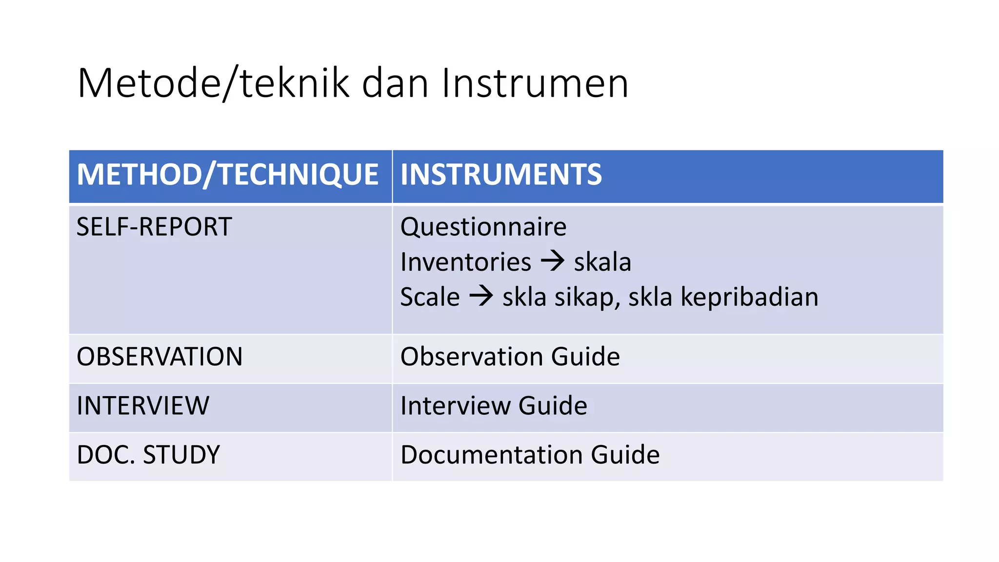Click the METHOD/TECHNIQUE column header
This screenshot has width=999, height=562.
[x=227, y=175]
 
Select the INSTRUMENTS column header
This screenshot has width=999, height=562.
[x=501, y=175]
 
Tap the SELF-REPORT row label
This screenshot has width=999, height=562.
[x=154, y=227]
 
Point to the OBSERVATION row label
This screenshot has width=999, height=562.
[x=160, y=357]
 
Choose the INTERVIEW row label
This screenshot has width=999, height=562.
[x=143, y=406]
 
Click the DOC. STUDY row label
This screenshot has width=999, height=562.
[x=148, y=455]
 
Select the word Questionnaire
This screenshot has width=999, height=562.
[x=483, y=227]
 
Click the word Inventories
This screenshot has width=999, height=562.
[x=465, y=262]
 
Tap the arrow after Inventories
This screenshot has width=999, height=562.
[x=553, y=261]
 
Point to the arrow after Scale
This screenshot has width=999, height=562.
[x=481, y=296]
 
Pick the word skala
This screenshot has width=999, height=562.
[x=602, y=262]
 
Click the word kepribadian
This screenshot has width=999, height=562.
[x=749, y=298]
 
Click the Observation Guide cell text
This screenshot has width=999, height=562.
[x=510, y=357]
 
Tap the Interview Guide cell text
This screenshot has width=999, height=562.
[x=494, y=406]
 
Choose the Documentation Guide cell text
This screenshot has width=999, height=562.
[x=530, y=455]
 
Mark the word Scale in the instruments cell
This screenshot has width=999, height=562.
[x=430, y=298]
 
